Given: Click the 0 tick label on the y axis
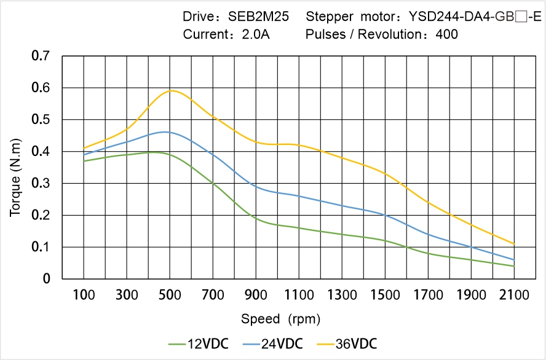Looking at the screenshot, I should point(47,279).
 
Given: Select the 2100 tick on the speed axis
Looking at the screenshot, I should point(514,295).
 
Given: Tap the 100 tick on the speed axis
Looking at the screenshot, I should point(84,295).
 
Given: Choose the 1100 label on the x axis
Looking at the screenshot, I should point(299,295).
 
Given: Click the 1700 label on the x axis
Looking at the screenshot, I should point(428,295).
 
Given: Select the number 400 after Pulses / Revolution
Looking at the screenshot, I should point(446,34).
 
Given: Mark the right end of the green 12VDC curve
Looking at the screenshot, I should point(514,266).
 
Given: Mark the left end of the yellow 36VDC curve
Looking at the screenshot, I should point(84,148).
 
